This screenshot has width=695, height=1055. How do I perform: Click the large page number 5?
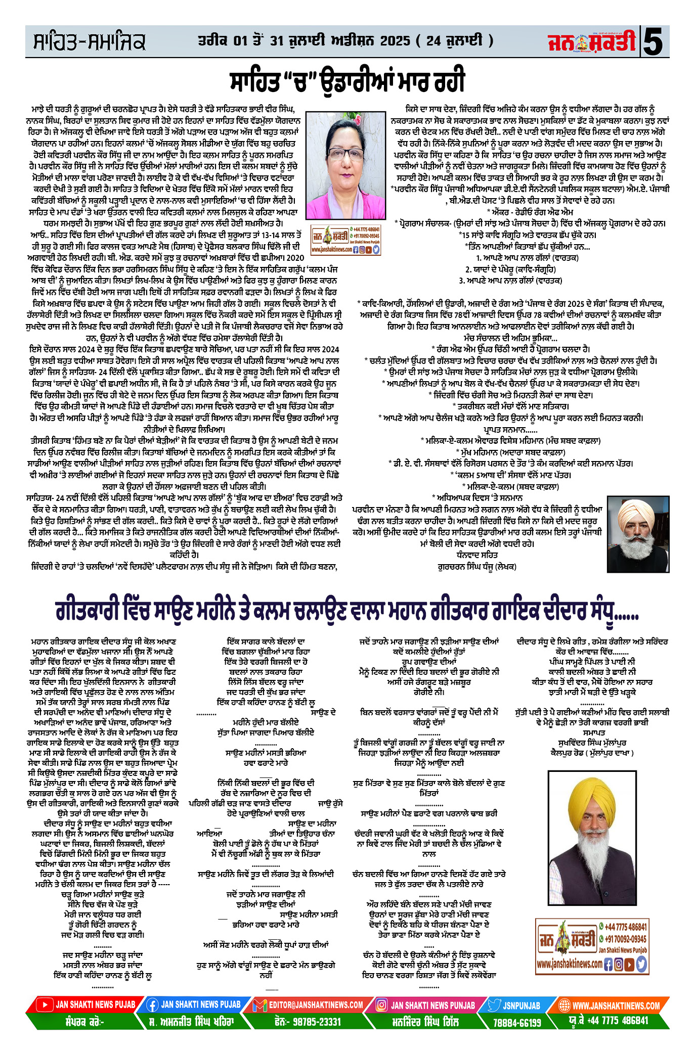[x=656, y=42]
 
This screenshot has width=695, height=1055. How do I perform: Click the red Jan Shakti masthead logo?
[x=592, y=41]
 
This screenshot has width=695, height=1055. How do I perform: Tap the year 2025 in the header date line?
[x=395, y=40]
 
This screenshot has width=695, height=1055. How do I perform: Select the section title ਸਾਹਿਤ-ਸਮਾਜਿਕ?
[x=90, y=42]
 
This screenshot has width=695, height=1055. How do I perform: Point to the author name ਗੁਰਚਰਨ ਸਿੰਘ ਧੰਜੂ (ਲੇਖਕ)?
[x=476, y=567]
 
